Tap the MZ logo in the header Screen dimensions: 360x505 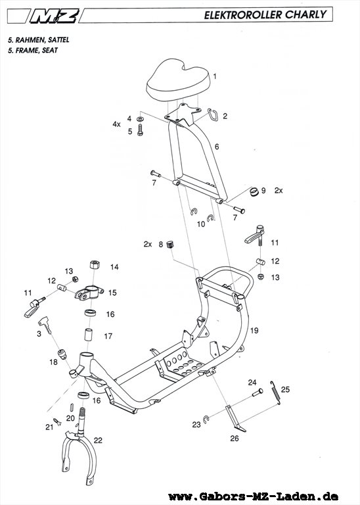tap(55, 16)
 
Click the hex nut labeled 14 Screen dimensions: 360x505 tap(94, 265)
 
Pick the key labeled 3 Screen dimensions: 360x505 tap(45, 324)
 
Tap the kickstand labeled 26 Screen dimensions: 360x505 tap(235, 418)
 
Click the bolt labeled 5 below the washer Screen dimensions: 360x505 tap(140, 130)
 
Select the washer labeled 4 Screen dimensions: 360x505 tap(140, 119)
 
